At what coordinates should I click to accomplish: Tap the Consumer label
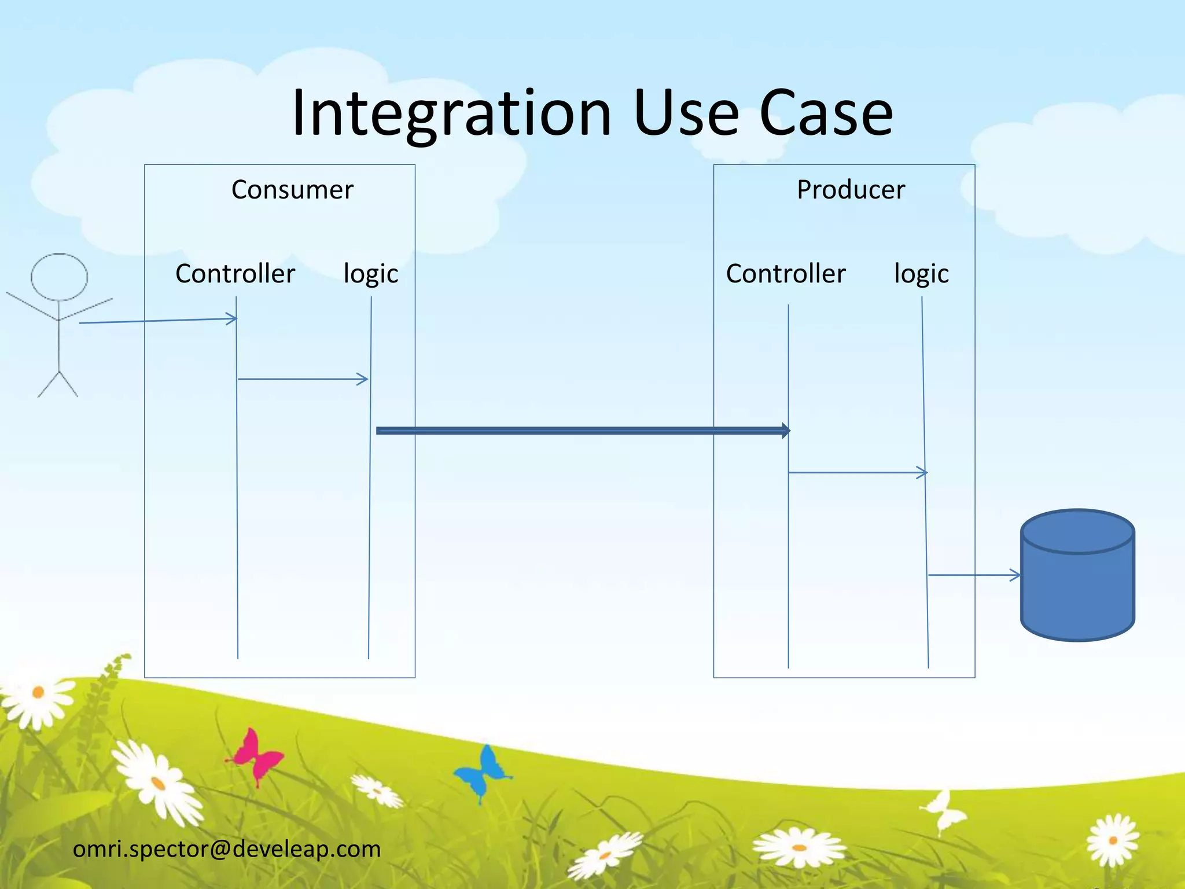coord(292,190)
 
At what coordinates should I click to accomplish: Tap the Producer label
coord(851,190)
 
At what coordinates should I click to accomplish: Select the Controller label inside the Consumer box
coord(235,274)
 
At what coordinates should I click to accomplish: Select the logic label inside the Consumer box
coord(370,274)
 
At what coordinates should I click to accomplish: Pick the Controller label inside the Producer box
coord(785,274)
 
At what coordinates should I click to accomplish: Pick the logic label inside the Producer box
coord(921,274)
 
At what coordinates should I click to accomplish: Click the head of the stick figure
coord(59,277)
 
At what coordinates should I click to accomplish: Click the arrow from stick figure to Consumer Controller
coord(156,321)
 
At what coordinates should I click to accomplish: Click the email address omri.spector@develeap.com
coord(227,849)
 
